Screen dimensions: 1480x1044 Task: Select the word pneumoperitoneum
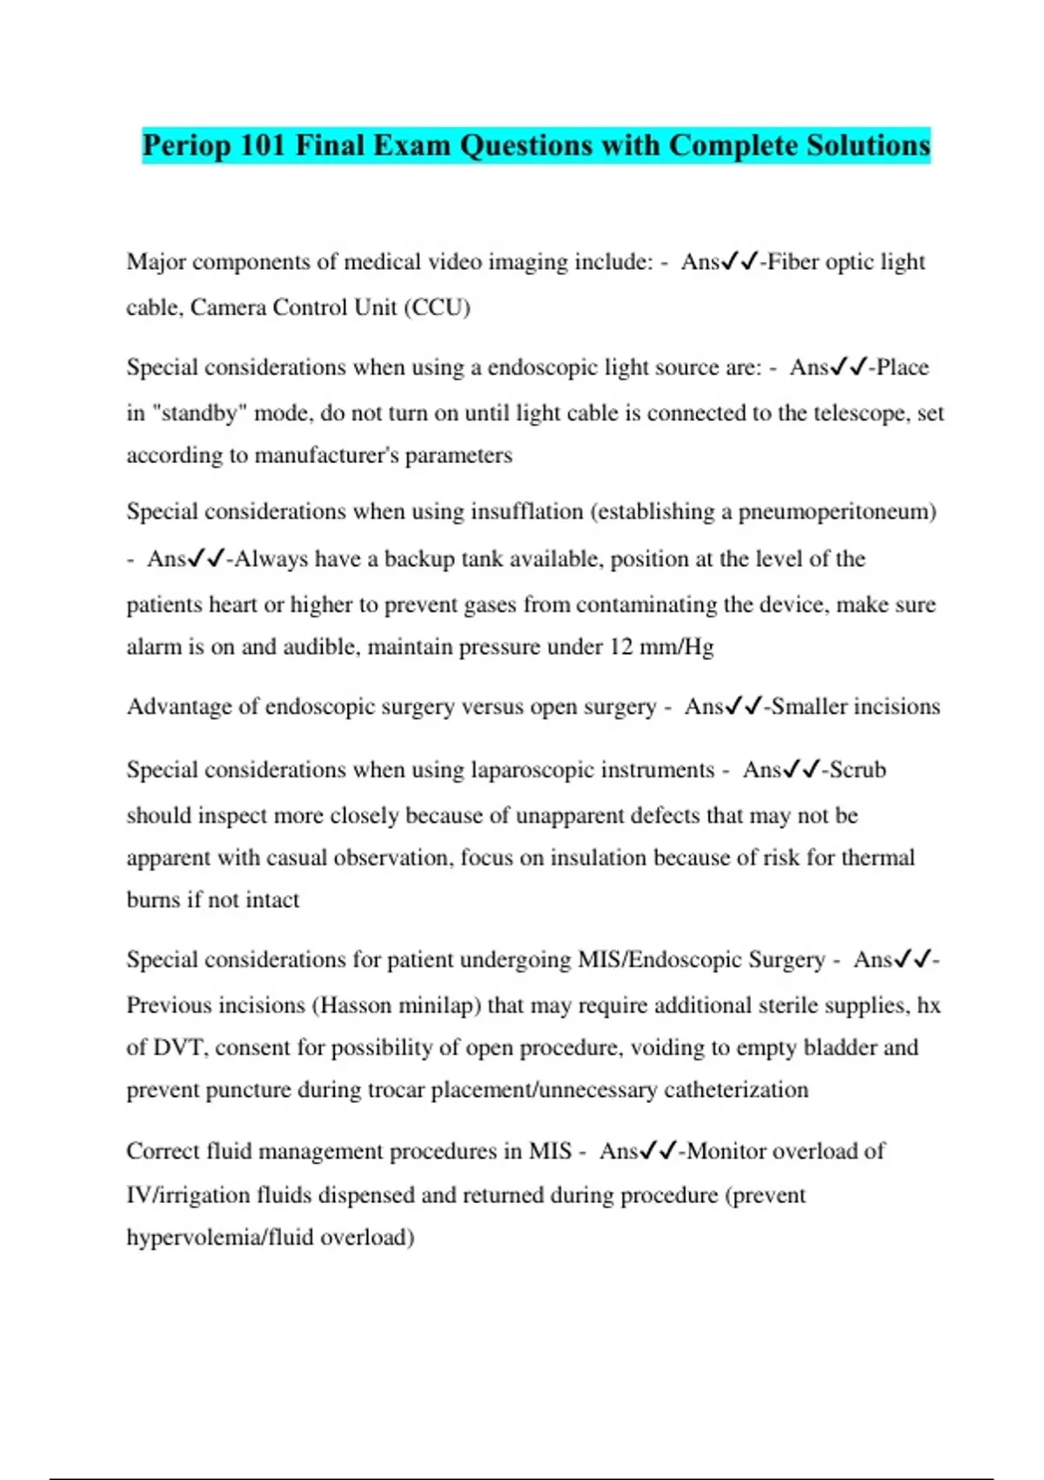click(837, 511)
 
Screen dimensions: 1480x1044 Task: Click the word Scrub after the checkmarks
click(857, 770)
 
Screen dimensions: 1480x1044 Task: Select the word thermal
click(878, 858)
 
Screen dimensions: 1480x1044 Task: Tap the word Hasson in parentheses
click(355, 1006)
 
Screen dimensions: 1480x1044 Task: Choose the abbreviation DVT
click(180, 1047)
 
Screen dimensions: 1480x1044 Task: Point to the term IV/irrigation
click(188, 1195)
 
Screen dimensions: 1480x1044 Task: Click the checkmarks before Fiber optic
click(740, 261)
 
